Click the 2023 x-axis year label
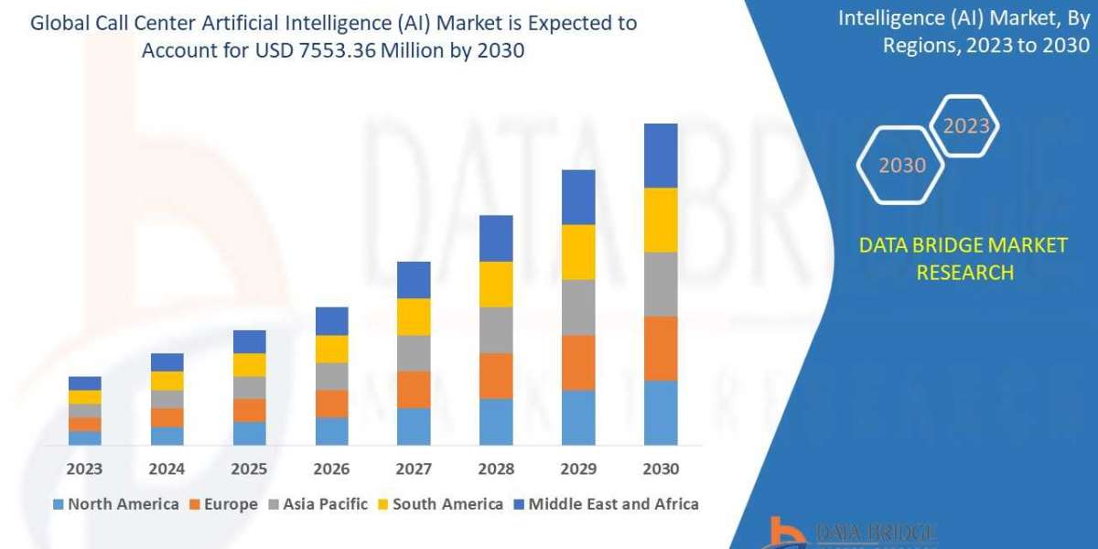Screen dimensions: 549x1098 [x=84, y=469]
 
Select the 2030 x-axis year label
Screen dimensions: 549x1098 [x=661, y=469]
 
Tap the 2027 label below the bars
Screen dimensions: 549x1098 [x=414, y=469]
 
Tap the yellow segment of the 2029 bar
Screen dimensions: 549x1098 [x=578, y=252]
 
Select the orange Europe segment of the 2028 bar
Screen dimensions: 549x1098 [x=496, y=375]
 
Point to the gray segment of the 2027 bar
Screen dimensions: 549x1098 [x=414, y=352]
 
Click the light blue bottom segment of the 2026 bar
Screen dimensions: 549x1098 [x=331, y=431]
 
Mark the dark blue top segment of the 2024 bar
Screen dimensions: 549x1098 [x=167, y=361]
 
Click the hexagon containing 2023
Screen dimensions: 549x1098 [x=965, y=126]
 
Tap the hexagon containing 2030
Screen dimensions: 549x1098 [x=902, y=166]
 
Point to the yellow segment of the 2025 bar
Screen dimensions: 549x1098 [x=249, y=364]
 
